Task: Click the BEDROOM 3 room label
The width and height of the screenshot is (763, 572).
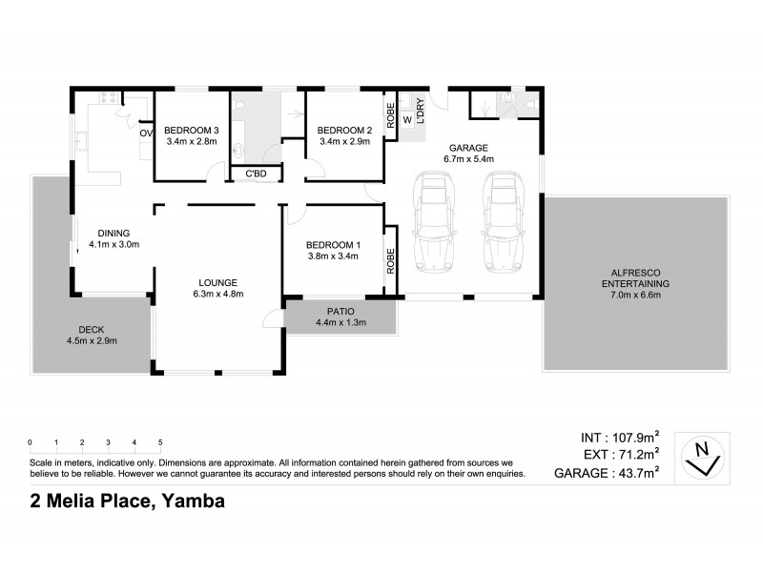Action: click(192, 131)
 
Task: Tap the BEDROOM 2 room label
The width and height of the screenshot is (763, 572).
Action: click(343, 131)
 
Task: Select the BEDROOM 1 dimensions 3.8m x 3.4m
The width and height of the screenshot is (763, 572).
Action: click(332, 255)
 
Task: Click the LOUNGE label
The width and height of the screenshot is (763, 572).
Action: click(217, 281)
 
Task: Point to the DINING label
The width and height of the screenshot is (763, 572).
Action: click(113, 233)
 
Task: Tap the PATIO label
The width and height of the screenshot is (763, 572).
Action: click(340, 311)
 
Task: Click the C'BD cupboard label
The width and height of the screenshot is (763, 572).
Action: click(256, 174)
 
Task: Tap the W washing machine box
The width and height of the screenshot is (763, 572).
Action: click(407, 119)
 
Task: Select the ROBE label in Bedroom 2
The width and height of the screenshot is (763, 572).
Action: click(391, 115)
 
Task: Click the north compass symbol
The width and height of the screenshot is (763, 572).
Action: click(703, 457)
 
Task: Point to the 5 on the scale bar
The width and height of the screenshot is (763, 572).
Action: click(160, 442)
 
